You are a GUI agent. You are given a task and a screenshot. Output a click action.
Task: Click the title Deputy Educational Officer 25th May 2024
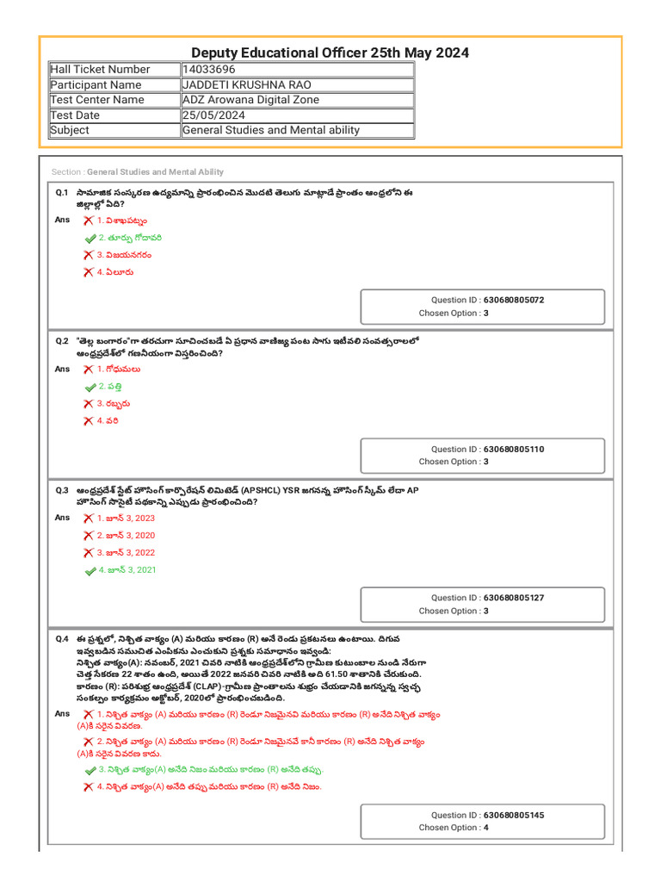pos(330,53)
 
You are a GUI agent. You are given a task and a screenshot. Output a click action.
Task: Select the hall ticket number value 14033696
pos(208,69)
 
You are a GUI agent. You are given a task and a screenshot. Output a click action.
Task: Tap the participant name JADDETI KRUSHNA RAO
pos(246,84)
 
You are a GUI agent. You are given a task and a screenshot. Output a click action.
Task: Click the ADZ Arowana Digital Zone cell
pos(250,100)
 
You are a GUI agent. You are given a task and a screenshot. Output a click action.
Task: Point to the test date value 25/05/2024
pos(213,115)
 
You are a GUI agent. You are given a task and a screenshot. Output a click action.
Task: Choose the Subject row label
pos(70,131)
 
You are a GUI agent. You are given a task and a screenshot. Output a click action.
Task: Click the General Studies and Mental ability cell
pos(271,131)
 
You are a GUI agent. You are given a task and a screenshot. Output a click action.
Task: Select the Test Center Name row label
pos(97,100)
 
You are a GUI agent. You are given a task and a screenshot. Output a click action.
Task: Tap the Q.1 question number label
pos(62,194)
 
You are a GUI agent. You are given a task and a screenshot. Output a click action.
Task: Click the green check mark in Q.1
pos(90,238)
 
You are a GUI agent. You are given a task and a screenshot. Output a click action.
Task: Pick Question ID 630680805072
pos(487,300)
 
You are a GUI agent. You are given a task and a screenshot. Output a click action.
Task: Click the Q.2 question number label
pos(62,341)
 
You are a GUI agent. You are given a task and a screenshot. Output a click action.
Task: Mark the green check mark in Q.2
pos(90,387)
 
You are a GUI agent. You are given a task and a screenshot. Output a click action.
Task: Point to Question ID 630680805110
pos(487,449)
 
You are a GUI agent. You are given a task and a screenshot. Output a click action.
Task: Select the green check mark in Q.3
pos(90,570)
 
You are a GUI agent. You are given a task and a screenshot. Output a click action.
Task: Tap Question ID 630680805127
pos(487,598)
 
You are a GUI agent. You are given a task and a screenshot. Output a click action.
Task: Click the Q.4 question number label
pos(62,639)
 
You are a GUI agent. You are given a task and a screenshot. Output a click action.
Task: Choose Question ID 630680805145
pos(487,815)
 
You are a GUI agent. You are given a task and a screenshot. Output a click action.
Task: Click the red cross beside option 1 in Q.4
pos(89,715)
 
